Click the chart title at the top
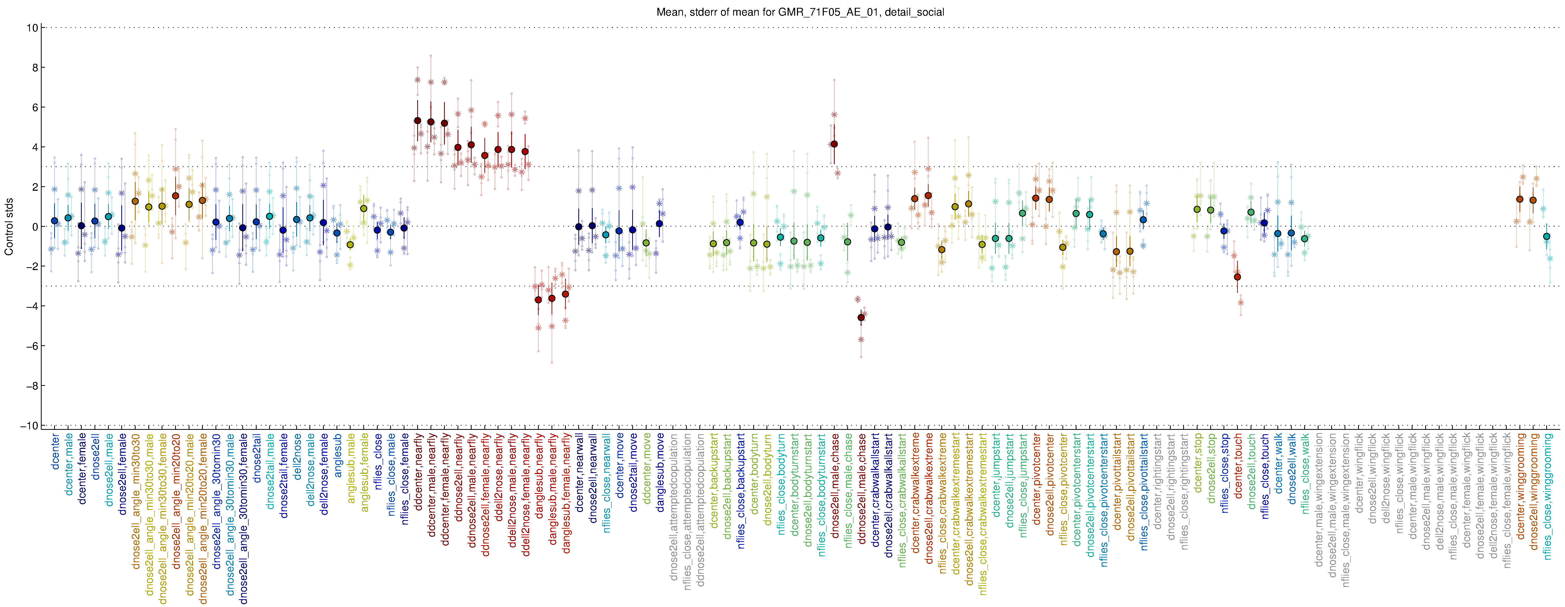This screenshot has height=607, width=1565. pyautogui.click(x=800, y=12)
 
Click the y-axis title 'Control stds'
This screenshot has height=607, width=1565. pyautogui.click(x=9, y=226)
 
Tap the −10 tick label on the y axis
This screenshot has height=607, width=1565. pyautogui.click(x=29, y=425)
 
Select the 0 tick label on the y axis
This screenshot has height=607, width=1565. pyautogui.click(x=35, y=227)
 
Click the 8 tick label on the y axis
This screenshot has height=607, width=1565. pyautogui.click(x=35, y=67)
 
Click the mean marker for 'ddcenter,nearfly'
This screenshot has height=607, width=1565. pyautogui.click(x=417, y=121)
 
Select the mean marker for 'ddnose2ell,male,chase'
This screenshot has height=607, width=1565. pyautogui.click(x=861, y=317)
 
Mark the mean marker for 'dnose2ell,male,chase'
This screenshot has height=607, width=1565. pyautogui.click(x=834, y=144)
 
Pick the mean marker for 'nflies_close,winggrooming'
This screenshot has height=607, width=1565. pyautogui.click(x=1547, y=236)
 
